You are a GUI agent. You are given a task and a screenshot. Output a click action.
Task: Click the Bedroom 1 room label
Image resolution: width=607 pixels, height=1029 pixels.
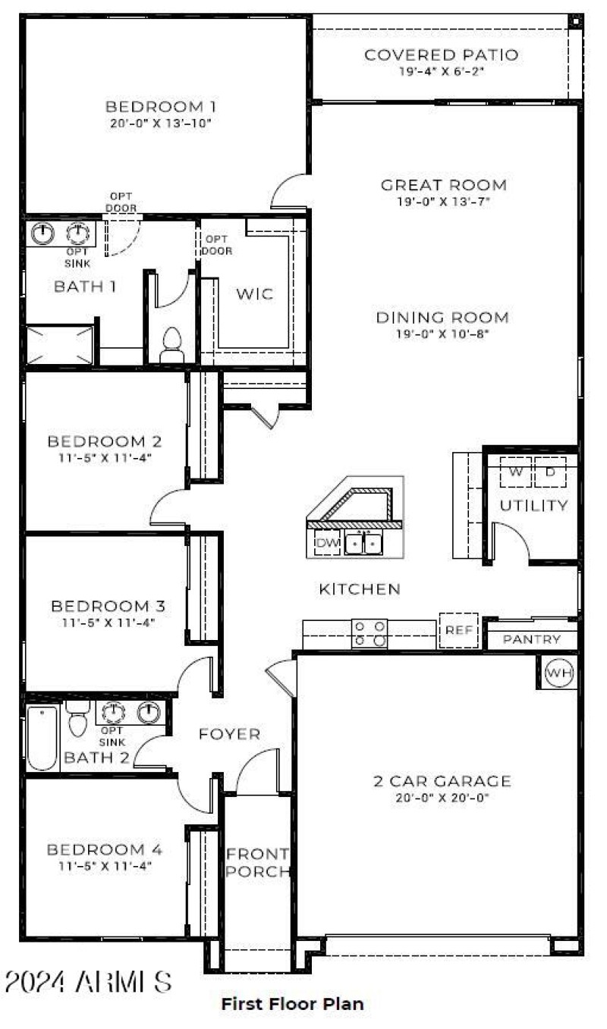point(155,106)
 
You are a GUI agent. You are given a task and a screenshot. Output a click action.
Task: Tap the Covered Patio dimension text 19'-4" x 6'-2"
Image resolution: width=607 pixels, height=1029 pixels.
point(441,71)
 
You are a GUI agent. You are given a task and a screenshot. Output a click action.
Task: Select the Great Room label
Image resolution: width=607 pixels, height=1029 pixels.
point(444,185)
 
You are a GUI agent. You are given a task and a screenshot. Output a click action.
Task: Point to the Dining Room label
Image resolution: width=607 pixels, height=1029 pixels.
point(442,317)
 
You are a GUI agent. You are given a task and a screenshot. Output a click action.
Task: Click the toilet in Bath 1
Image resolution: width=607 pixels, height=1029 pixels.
point(172,346)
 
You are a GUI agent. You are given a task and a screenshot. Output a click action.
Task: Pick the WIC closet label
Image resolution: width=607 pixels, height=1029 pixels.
point(255,294)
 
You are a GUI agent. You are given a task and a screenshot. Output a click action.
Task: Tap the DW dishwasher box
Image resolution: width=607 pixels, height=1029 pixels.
point(327,543)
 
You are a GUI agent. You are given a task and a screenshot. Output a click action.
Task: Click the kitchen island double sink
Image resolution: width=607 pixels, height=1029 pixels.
point(363,544)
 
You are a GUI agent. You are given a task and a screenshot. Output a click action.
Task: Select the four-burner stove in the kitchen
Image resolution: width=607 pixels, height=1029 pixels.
point(370,634)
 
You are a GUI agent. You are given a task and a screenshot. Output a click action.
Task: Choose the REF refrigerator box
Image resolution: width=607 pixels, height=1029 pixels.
point(459,630)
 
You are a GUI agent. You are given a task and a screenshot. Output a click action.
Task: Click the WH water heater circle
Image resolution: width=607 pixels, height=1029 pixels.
point(559,673)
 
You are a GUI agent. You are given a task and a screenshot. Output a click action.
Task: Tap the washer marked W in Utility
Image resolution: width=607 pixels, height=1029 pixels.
point(516,472)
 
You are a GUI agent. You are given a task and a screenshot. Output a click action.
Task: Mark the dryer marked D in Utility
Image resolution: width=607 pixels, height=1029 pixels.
point(550,472)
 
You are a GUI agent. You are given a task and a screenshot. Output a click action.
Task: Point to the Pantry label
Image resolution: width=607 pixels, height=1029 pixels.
point(532,640)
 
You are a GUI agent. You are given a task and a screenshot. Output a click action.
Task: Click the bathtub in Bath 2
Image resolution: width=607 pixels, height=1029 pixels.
point(42,737)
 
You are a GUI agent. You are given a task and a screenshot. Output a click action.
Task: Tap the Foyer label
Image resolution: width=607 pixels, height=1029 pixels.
point(229,734)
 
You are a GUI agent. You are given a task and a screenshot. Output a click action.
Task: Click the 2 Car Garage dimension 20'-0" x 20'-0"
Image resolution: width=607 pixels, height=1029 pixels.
point(442,798)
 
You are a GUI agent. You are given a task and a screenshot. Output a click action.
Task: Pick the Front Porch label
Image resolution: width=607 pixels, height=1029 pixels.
point(259,863)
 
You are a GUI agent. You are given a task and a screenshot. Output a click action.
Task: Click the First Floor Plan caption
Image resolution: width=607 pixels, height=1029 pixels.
point(292,1004)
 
